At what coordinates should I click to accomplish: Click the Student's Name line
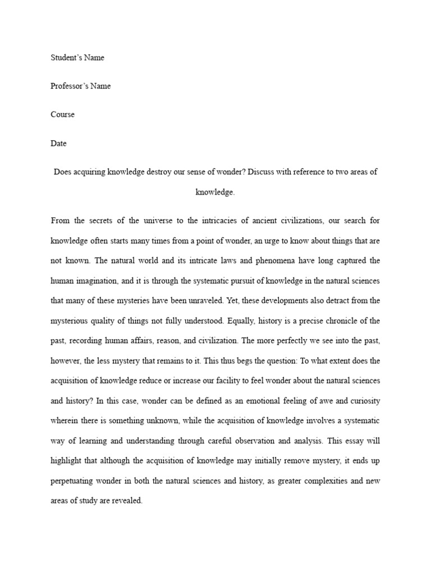77,57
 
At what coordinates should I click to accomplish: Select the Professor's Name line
80,86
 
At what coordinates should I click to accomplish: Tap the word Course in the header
62,114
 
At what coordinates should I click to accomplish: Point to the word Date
58,143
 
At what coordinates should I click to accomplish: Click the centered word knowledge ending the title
214,192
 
